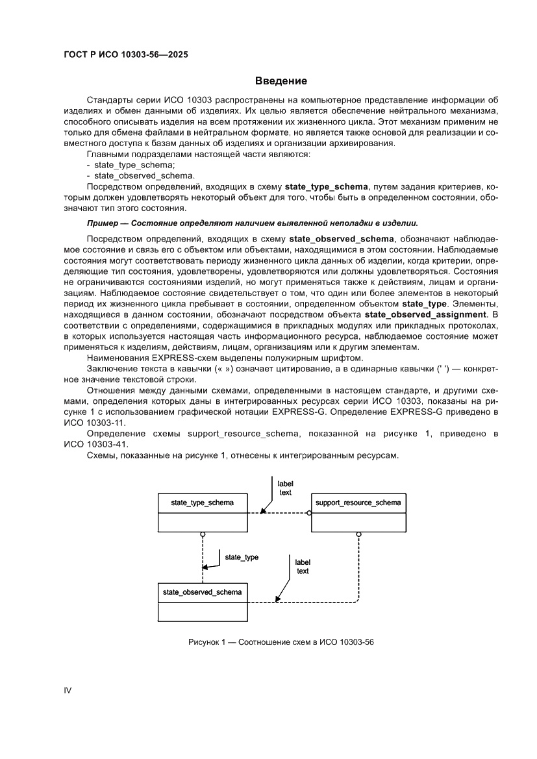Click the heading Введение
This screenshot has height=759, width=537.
tap(281, 81)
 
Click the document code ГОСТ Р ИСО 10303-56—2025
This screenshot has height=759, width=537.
tap(125, 55)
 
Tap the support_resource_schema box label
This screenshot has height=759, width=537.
tap(358, 503)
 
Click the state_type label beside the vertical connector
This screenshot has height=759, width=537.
tap(242, 557)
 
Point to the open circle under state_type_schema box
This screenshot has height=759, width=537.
tap(203, 534)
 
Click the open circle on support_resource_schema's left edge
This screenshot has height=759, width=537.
tap(309, 513)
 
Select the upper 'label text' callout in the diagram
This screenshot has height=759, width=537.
tap(285, 488)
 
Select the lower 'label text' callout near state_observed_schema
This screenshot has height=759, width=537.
tap(303, 567)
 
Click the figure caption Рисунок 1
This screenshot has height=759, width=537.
tap(281, 642)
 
